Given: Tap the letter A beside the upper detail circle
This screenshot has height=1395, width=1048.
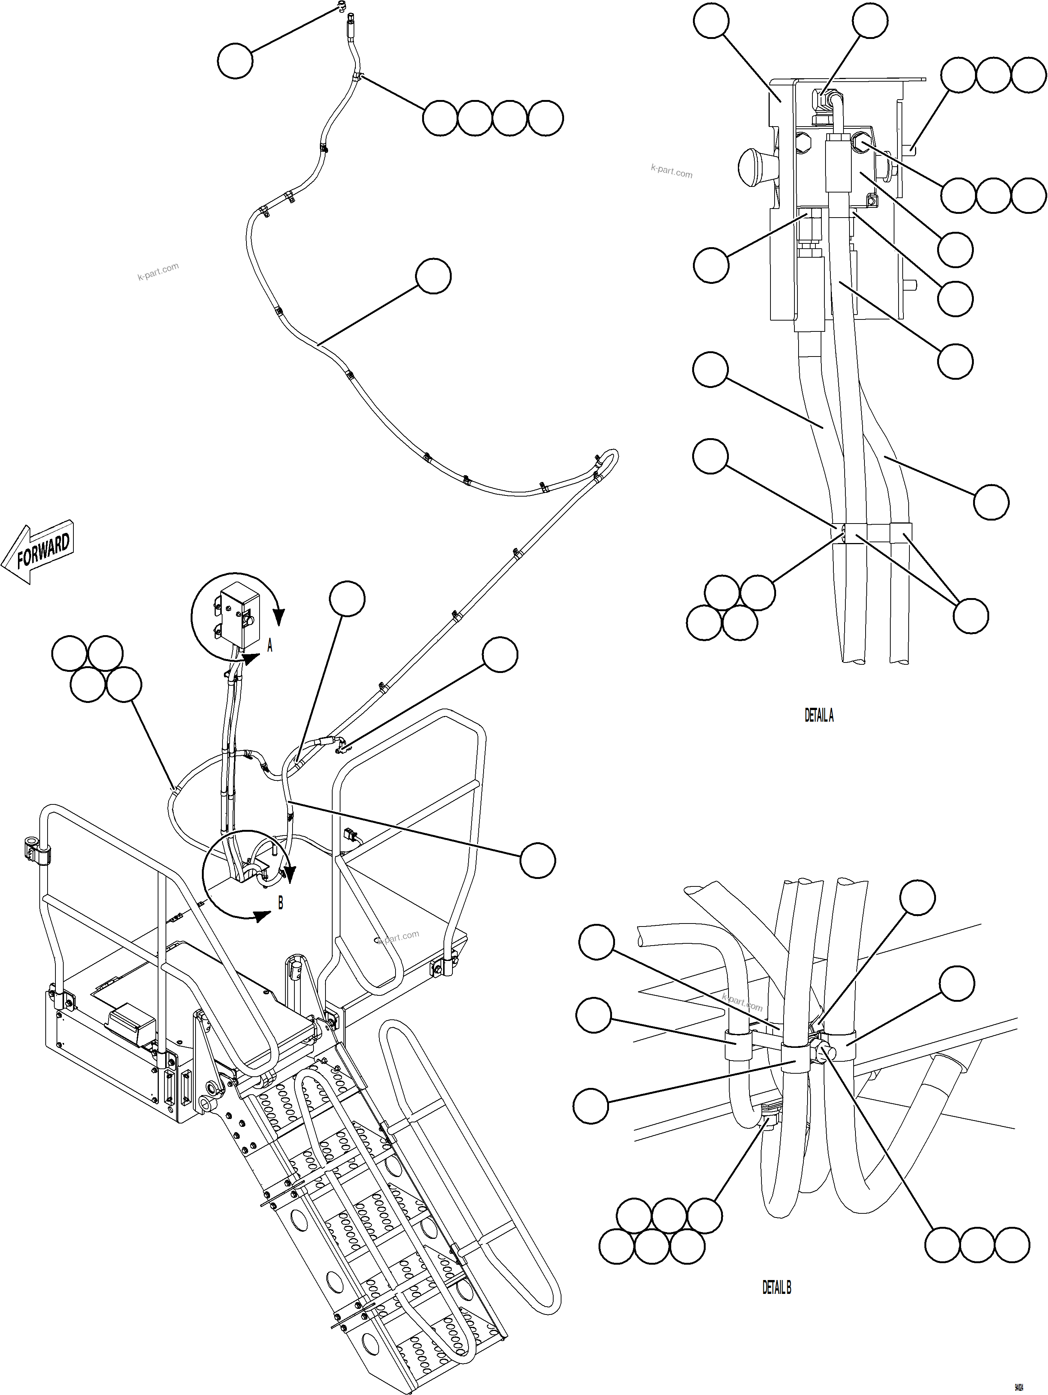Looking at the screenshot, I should (x=270, y=645).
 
